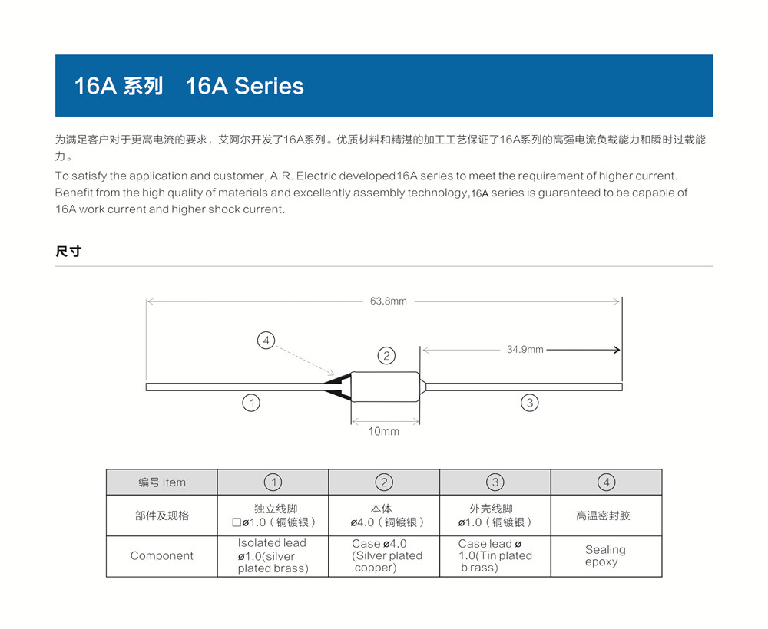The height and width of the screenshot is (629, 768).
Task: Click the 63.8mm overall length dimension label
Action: [388, 301]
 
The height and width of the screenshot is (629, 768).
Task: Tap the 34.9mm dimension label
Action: [525, 350]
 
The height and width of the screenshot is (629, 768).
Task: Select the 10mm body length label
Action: [384, 431]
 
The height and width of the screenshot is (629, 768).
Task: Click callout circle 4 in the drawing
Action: [266, 341]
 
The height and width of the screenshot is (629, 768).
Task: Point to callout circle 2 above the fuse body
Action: [386, 356]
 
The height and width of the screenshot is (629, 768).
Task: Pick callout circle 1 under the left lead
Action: [250, 403]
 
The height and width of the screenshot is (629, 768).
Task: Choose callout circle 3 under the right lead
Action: [529, 403]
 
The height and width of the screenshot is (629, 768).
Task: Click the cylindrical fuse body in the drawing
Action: [385, 386]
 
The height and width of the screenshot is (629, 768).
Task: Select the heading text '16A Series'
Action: [244, 86]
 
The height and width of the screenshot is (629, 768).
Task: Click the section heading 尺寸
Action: [68, 251]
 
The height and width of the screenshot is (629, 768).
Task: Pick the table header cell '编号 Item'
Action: [162, 482]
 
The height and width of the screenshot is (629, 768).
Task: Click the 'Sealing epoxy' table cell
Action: [605, 555]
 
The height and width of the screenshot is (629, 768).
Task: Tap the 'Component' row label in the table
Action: [162, 555]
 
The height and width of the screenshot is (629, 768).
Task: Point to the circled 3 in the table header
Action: [495, 482]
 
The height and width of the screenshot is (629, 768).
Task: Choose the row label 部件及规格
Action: [162, 515]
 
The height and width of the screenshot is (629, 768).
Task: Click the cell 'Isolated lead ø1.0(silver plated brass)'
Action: [273, 555]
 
